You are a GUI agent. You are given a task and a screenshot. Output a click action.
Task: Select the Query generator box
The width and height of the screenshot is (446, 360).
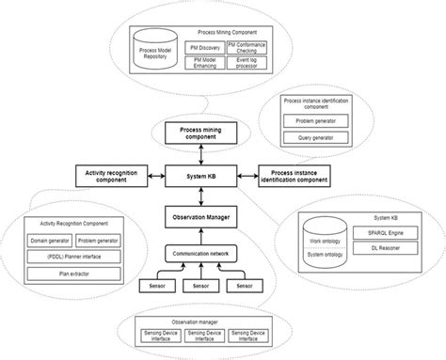[316, 138]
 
